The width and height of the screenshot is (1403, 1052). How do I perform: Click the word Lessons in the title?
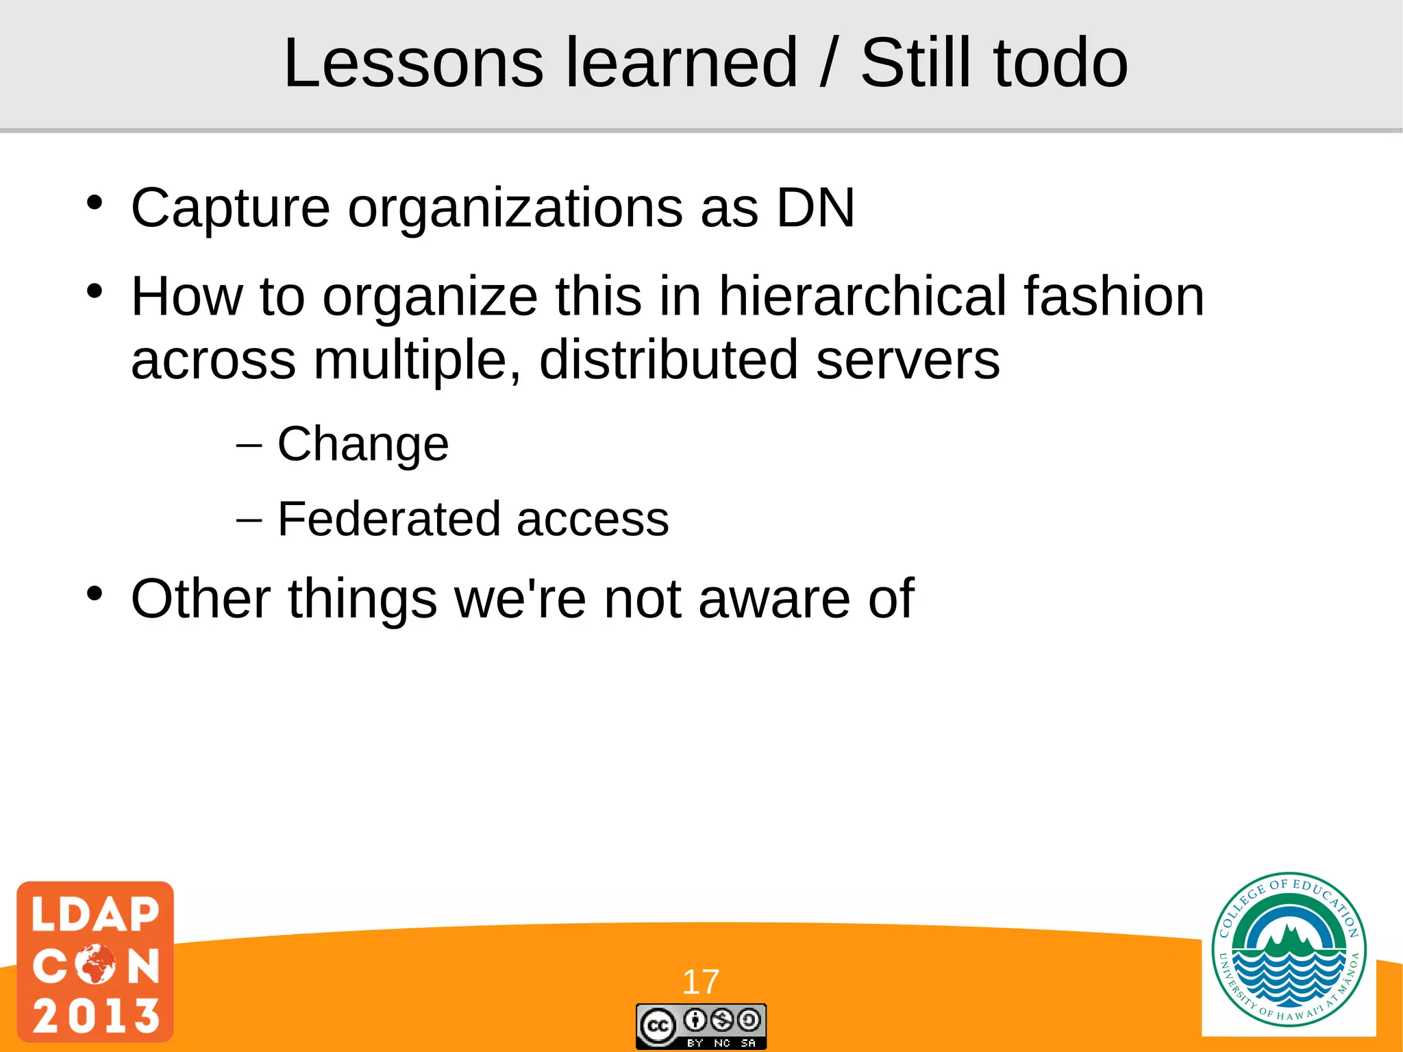[413, 63]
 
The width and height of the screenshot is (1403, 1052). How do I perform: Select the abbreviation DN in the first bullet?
[815, 208]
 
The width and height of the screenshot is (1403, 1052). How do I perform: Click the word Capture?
[230, 208]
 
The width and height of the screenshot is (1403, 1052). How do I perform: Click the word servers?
[908, 360]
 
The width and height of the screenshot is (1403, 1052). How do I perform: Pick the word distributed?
[669, 360]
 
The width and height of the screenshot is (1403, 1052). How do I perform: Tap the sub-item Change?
[362, 444]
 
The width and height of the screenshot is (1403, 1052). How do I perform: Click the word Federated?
[388, 519]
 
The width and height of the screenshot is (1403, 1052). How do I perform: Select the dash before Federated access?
[249, 520]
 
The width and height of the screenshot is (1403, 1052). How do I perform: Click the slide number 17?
[700, 982]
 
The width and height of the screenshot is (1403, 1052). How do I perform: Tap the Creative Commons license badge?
[701, 1026]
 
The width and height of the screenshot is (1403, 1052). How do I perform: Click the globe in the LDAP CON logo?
[95, 964]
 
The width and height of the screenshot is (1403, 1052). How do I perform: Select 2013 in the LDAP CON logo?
[95, 1015]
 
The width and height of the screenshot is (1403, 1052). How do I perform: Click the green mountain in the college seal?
[1289, 938]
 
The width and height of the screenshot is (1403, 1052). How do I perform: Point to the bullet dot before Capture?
[95, 203]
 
